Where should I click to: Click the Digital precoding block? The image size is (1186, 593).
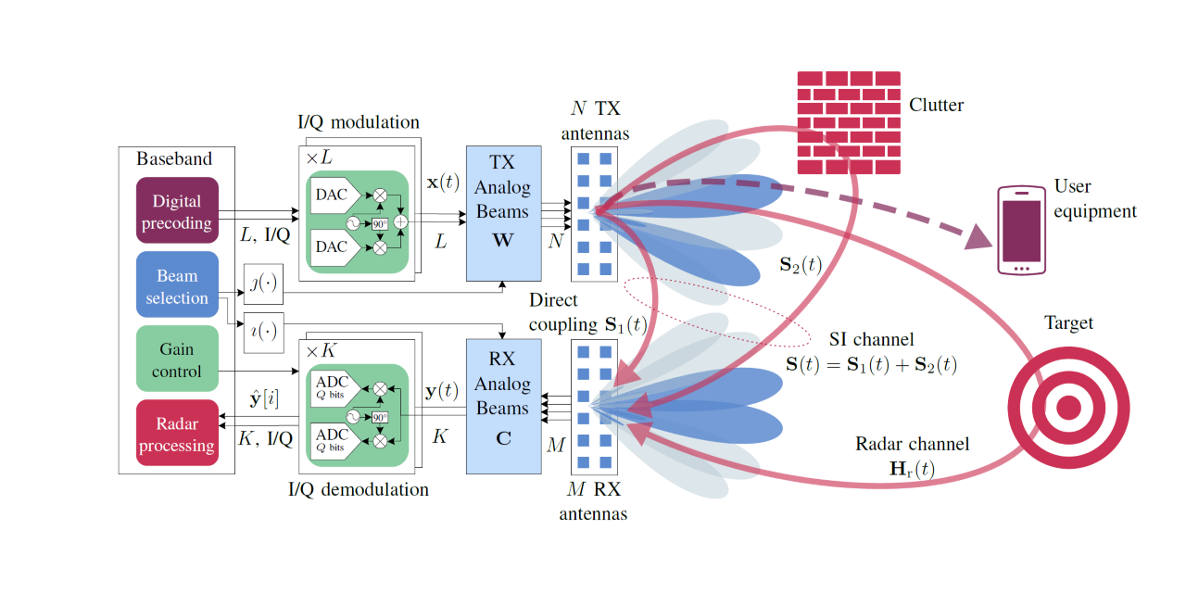pos(177,211)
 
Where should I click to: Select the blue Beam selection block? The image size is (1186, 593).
pos(176,287)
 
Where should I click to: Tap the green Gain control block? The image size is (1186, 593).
pos(176,360)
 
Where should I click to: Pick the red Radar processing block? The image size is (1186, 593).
pos(177,435)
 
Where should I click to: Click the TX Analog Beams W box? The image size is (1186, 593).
pos(502,212)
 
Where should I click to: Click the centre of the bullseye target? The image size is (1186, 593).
pos(1068,407)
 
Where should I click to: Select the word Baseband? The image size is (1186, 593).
pos(174,158)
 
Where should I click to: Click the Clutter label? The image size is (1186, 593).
pos(936,105)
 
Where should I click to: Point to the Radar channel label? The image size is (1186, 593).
pos(912,445)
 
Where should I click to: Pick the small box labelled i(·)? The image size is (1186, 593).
pos(263,331)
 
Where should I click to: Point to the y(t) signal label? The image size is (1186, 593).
pos(440,391)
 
